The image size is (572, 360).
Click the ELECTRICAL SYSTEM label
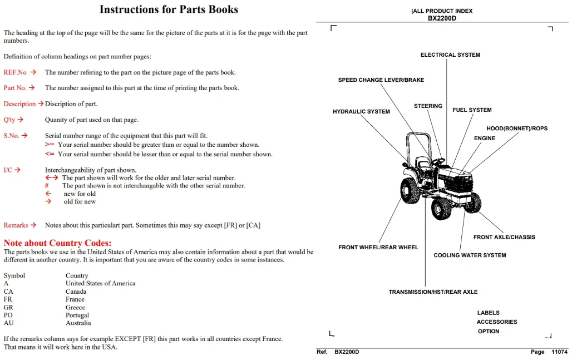[x=450, y=55]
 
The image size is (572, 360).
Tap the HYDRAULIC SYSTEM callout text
[x=361, y=112]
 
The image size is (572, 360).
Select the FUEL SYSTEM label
[x=472, y=110]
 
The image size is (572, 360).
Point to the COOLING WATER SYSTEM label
[x=470, y=255]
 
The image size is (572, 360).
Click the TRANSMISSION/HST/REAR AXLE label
[x=433, y=292]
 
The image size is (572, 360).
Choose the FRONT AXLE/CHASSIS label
[x=504, y=237]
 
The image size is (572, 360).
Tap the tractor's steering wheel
[x=438, y=160]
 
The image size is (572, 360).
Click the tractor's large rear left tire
[x=411, y=190]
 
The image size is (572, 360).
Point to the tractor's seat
[x=423, y=163]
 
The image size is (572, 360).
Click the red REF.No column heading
[x=15, y=72]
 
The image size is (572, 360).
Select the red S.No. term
[x=11, y=136]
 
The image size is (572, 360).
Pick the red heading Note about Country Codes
[x=58, y=243]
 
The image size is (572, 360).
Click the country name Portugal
[x=77, y=315]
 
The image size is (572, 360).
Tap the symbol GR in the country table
[x=8, y=307]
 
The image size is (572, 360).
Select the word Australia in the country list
[x=78, y=323]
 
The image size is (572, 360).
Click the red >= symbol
[x=50, y=145]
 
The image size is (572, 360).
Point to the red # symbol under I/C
[x=47, y=186]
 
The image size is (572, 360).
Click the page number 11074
[x=559, y=352]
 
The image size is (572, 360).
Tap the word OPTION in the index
[x=489, y=331]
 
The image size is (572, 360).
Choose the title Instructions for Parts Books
[x=169, y=9]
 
